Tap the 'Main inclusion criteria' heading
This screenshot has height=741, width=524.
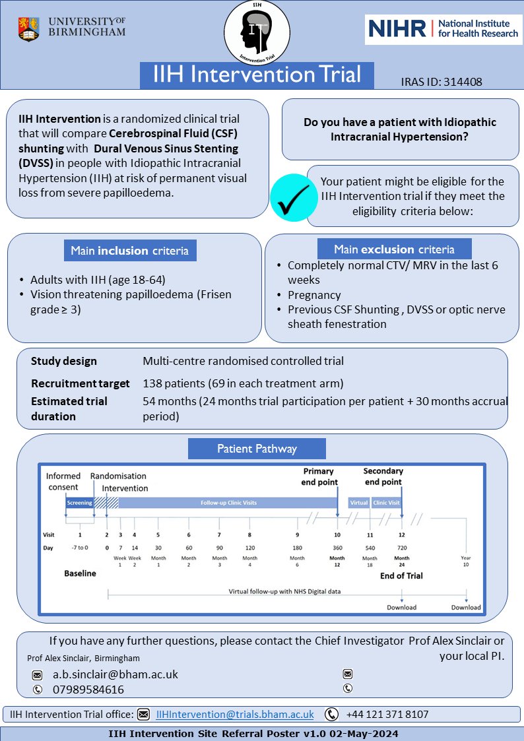130,251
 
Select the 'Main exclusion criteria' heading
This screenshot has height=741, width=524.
394,249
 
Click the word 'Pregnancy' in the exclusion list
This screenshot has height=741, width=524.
314,295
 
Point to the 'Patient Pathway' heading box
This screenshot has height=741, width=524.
257,449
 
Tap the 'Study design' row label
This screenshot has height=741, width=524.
63,361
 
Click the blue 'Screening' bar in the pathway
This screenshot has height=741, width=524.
79,503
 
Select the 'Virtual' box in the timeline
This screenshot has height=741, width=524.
358,503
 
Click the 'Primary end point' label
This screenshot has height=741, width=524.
320,476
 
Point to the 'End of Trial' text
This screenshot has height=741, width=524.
401,575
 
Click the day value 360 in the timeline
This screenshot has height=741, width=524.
337,548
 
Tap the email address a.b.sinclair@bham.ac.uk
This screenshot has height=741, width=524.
115,674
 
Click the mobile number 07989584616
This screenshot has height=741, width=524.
88,690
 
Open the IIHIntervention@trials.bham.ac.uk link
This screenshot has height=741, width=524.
234,714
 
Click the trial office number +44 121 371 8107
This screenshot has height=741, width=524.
387,714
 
